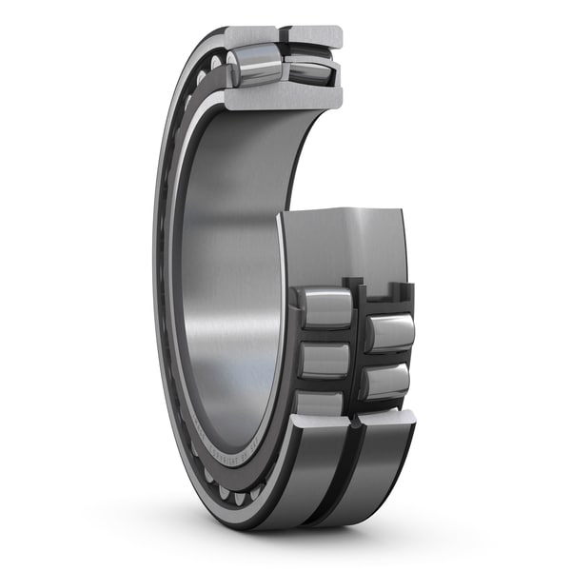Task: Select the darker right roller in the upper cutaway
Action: tap(310, 69)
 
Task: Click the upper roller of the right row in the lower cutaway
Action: tap(390, 332)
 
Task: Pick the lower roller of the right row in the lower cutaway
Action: tap(386, 381)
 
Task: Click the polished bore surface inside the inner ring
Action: tap(228, 285)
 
